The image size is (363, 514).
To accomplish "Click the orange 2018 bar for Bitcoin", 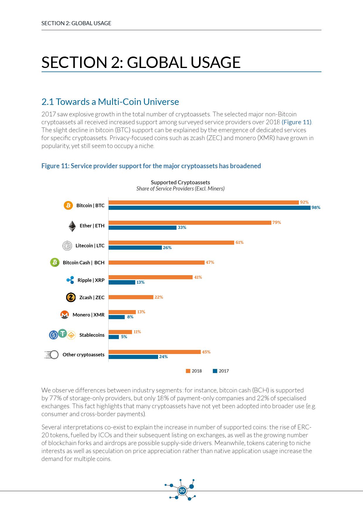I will coord(203,202).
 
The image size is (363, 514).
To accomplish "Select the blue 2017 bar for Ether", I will coord(143,228).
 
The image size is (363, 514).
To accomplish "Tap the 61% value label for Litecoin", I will coord(239,242).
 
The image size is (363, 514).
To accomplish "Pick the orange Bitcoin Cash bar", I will coord(156,263).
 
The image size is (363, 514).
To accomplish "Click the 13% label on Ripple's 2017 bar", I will coord(141,282).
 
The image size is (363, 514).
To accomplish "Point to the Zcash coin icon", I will coord(71,297).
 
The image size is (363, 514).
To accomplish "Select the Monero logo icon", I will coord(64,315).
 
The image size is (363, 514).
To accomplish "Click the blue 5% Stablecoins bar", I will coord(114,337).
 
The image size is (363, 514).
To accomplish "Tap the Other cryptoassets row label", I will coord(83,355).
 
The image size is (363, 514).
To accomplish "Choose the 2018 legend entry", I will coord(194,371).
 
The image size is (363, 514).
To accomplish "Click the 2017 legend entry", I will coord(221,371).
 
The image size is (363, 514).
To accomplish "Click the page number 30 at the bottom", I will coord(182,491).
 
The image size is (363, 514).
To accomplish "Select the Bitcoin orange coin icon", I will coord(68,205).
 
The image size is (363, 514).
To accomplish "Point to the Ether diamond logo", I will coord(72,226).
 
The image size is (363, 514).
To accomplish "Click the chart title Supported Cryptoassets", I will coord(180,182).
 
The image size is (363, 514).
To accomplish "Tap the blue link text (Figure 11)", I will coord(297,122).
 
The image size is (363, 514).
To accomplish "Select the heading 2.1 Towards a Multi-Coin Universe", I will coord(110,102).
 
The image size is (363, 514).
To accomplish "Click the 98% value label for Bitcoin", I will coord(316,207).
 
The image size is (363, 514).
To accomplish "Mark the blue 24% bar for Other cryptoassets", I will coord(133,357).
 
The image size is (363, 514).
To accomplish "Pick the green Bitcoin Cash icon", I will coord(55,262).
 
